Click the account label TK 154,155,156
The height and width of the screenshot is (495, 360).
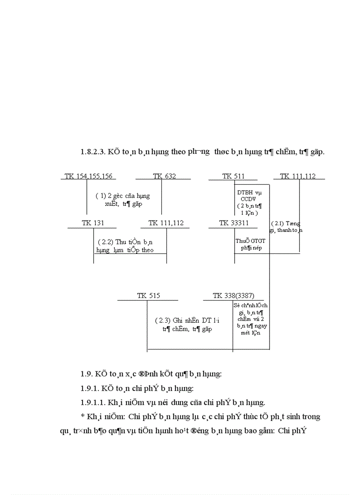point(88,176)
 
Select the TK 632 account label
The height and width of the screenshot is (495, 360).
point(164,176)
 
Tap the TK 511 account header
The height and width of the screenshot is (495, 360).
point(233,176)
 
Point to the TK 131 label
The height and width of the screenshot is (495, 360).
point(93,223)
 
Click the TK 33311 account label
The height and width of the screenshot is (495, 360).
point(234,223)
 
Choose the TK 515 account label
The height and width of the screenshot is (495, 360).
point(148,296)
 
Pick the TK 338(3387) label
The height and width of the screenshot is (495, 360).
point(233,296)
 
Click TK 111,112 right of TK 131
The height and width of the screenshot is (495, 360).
point(166,223)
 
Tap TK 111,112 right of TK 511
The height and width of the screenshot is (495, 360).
point(298,176)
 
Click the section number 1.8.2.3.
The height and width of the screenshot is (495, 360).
point(91,152)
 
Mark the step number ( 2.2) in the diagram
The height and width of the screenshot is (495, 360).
point(105,242)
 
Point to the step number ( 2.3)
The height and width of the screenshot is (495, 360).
point(163,320)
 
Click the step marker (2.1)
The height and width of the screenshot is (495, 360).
point(277,223)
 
